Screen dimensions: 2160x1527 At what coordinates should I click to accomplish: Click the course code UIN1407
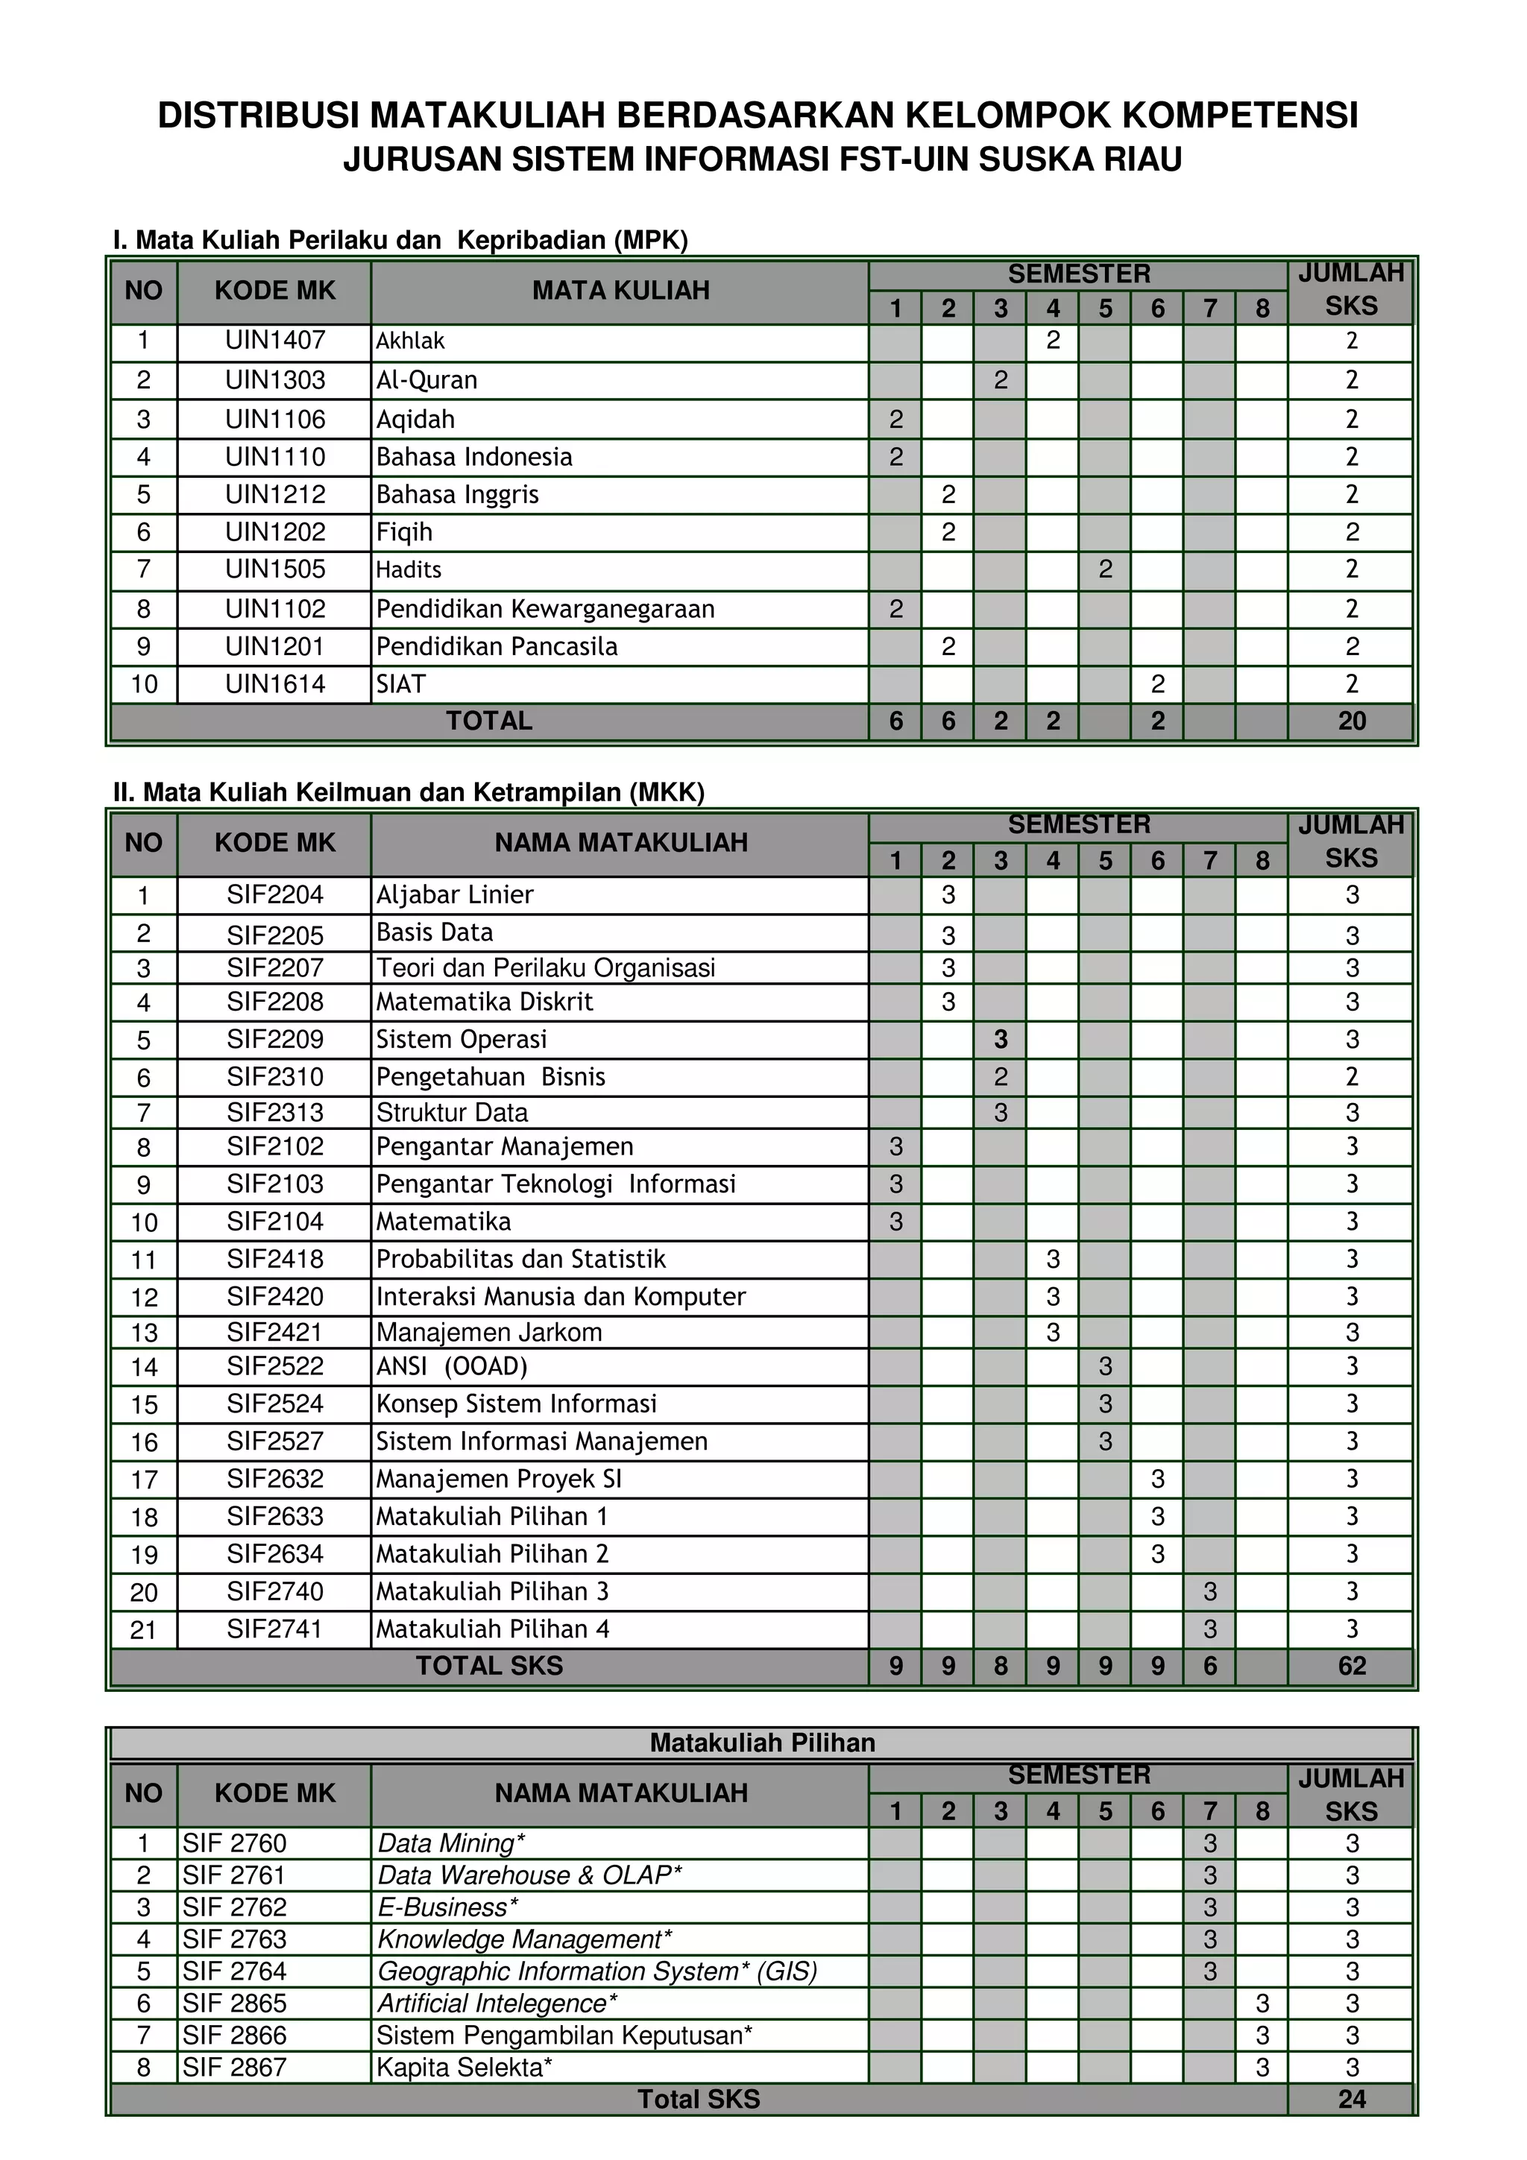coord(274,341)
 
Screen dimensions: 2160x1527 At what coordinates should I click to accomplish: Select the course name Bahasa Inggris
coord(457,495)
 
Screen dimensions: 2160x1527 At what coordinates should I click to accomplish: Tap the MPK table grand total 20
coord(1351,721)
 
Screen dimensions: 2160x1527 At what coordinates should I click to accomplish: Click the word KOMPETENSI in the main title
coord(1240,116)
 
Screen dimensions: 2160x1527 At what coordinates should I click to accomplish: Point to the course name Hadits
coord(409,570)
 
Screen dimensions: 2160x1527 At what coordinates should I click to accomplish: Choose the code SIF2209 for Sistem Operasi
coord(274,1040)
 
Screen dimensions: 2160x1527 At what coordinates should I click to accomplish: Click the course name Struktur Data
coord(452,1113)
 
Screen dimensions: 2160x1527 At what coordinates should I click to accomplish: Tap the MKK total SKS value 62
coord(1351,1666)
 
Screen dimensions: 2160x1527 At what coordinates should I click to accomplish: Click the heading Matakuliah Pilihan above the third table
coord(762,1743)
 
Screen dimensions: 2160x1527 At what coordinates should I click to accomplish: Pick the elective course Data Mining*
coord(450,1844)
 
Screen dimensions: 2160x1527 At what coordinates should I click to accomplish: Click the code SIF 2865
coord(234,2003)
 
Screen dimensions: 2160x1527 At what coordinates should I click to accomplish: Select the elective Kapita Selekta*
coord(464,2068)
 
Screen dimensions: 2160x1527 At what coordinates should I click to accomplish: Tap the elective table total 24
coord(1351,2100)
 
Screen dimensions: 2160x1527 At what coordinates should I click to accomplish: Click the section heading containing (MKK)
coord(409,792)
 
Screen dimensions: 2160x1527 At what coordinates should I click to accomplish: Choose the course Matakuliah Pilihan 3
coord(492,1592)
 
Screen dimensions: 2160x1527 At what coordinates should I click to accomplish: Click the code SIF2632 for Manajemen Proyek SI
coord(274,1479)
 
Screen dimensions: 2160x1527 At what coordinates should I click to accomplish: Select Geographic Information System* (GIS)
coord(596,1972)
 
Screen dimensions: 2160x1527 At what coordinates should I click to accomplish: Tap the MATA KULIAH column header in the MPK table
coord(620,291)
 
